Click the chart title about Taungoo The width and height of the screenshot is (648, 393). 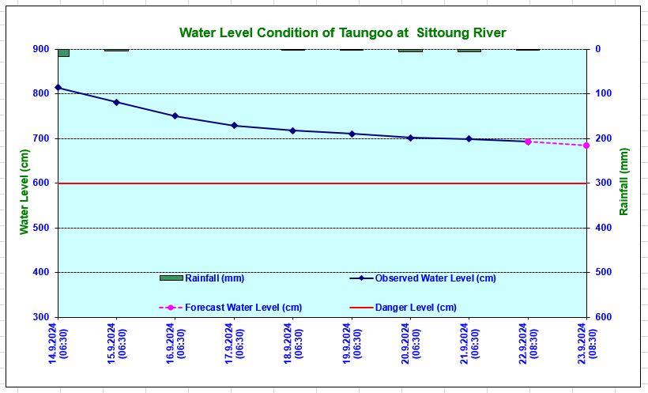[x=342, y=32]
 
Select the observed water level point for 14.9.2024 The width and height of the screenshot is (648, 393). [x=58, y=87]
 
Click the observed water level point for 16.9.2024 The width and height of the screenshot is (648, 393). [x=175, y=116]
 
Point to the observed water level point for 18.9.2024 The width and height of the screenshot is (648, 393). [x=292, y=130]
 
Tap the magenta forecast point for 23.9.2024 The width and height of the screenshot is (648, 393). [x=586, y=145]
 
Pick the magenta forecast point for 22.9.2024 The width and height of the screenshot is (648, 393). [x=528, y=142]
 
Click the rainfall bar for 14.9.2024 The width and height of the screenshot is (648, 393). [x=63, y=52]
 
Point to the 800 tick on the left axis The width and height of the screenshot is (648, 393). [x=40, y=93]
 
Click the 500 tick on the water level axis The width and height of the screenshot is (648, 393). [x=40, y=228]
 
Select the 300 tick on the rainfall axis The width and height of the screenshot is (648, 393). [x=605, y=183]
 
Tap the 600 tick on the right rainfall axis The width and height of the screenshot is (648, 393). [x=605, y=317]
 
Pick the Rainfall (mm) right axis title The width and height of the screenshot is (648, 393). [x=624, y=182]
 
